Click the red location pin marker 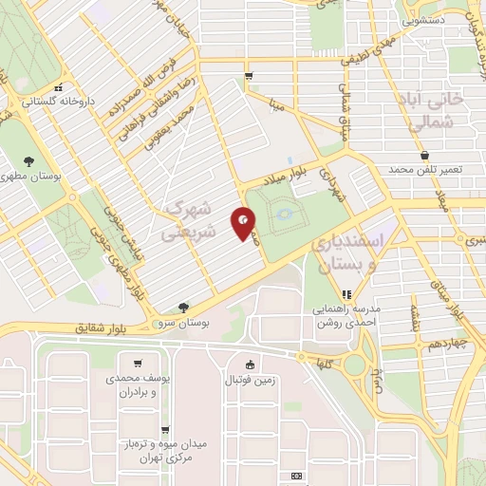pyautogui.click(x=245, y=222)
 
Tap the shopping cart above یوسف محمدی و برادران pyautogui.click(x=139, y=363)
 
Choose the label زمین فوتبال pyautogui.click(x=250, y=380)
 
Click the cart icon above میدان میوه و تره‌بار pyautogui.click(x=165, y=430)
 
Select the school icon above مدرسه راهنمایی pyautogui.click(x=347, y=294)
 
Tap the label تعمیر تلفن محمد pyautogui.click(x=424, y=169)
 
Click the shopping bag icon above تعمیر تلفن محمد pyautogui.click(x=424, y=154)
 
